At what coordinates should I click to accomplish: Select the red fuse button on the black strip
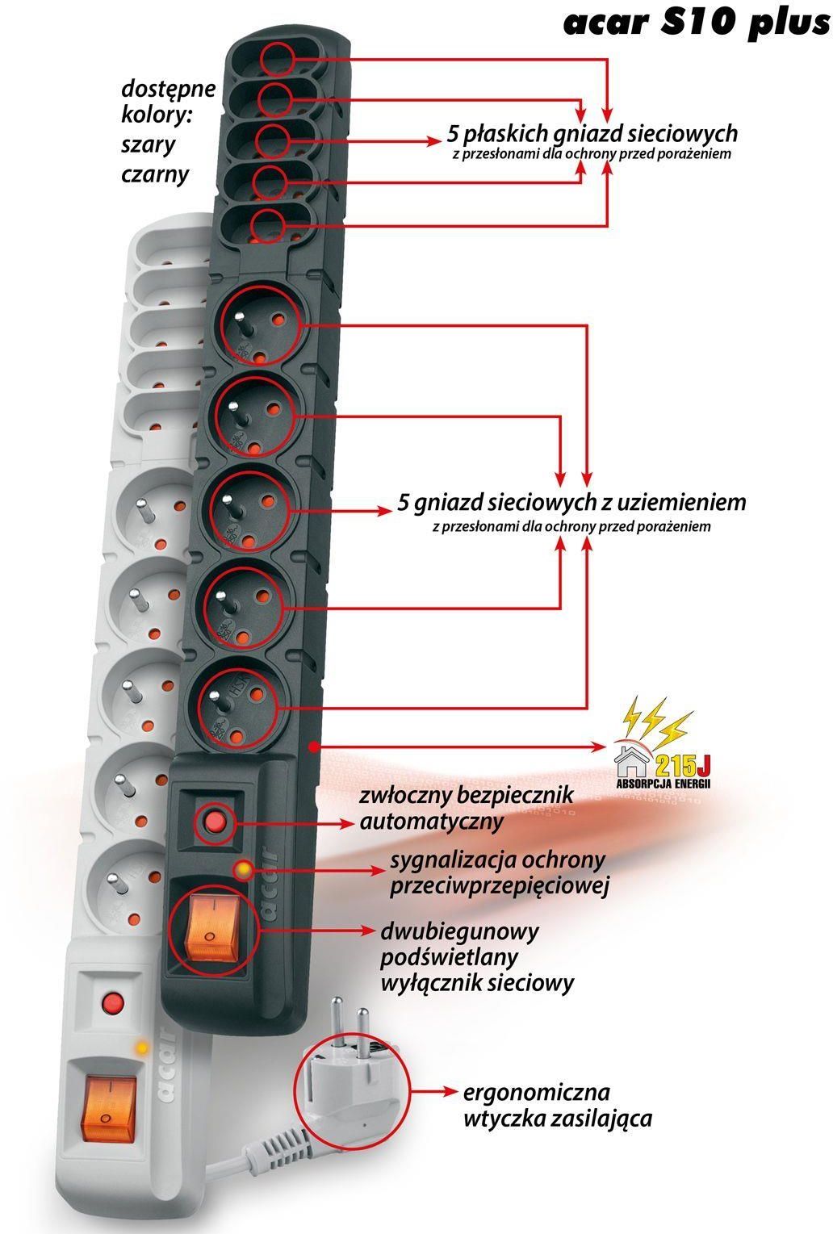[215, 822]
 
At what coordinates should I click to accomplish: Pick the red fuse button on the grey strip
[112, 1003]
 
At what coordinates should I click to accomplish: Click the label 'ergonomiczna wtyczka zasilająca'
[557, 1105]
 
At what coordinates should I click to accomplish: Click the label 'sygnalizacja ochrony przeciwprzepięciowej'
[498, 873]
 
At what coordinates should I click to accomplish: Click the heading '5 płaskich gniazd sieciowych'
[592, 132]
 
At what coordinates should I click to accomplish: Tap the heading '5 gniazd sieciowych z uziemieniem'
[571, 502]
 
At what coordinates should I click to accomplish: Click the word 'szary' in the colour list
[148, 145]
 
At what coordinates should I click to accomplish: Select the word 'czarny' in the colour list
[155, 174]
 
